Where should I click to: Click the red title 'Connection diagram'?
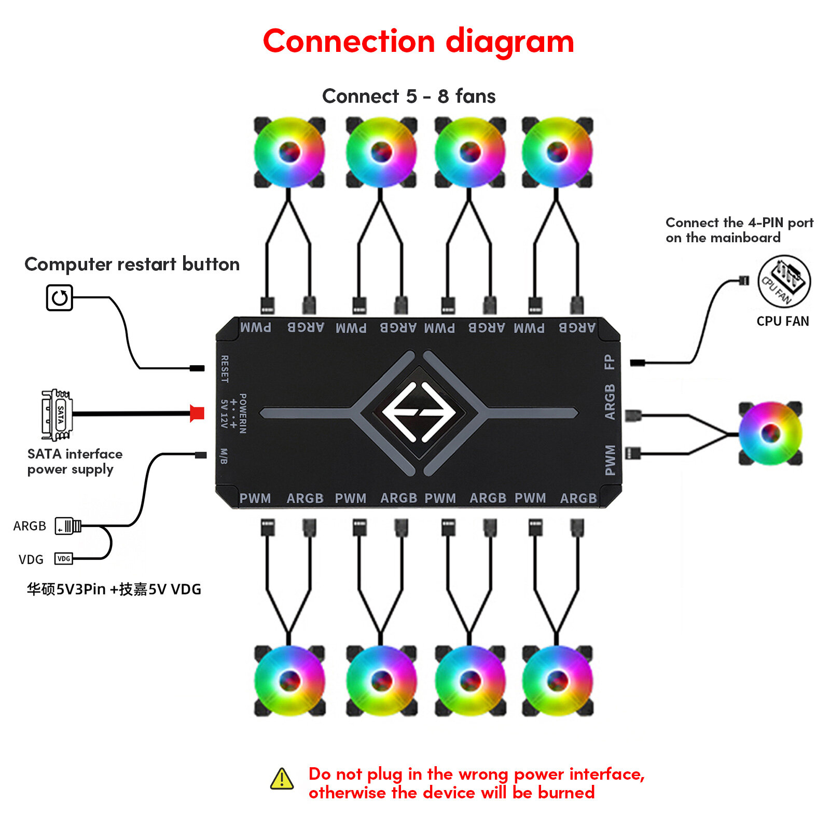tap(418, 41)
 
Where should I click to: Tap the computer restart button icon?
tap(59, 298)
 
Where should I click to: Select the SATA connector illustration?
tap(57, 414)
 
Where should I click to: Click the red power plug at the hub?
tap(197, 413)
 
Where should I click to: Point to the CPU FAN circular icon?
tap(783, 282)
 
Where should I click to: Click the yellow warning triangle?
tap(282, 779)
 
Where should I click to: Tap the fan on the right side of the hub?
tap(770, 433)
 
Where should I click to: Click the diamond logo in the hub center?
tap(419, 412)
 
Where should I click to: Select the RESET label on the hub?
tap(225, 369)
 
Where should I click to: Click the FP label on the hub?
tap(610, 362)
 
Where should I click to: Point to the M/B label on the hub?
tap(224, 456)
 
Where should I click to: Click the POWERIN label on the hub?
tap(243, 413)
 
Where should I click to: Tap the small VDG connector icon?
tap(64, 559)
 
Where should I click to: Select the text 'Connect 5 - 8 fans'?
tap(408, 96)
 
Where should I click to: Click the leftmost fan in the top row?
tap(289, 152)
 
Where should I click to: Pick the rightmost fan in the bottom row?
tap(557, 681)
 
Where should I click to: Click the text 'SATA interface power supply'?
tap(74, 461)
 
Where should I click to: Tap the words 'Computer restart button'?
tap(132, 264)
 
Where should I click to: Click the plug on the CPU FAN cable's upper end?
tap(743, 281)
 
